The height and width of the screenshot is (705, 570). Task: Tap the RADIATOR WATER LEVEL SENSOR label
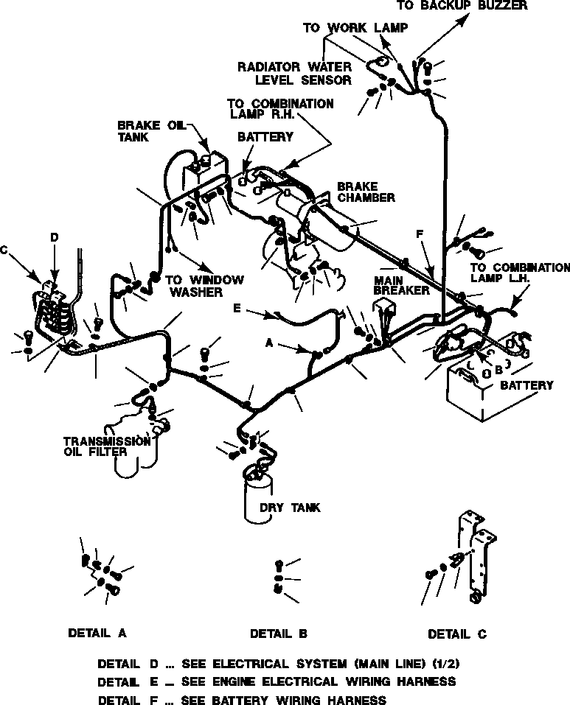[x=294, y=73]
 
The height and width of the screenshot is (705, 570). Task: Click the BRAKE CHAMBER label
[x=365, y=192]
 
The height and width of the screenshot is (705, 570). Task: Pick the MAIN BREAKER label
[x=401, y=286]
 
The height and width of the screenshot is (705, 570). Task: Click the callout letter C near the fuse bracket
[x=4, y=250]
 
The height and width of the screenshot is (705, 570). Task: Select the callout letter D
[x=54, y=237]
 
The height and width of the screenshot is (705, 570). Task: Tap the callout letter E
[x=237, y=308]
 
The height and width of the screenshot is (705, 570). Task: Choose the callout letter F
[x=420, y=234]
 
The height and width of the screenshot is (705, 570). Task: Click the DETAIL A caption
[x=97, y=632]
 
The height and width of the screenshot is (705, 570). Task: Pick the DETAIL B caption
[x=278, y=633]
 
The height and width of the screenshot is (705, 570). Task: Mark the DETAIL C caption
[x=457, y=634]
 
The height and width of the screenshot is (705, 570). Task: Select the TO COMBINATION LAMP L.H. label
[x=519, y=273]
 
